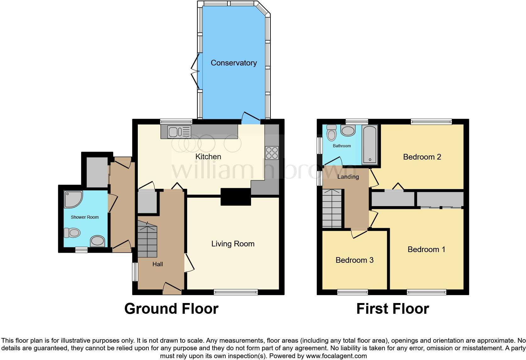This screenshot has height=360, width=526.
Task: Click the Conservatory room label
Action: (233, 63)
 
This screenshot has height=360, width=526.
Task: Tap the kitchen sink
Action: (179, 132)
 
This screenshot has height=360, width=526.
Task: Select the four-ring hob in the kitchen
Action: (272, 153)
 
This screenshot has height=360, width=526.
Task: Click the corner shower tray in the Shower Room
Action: (73, 199)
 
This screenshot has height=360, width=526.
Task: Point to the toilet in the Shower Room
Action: (71, 233)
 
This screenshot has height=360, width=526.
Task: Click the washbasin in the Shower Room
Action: (98, 241)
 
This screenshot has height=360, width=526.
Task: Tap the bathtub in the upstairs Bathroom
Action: (369, 145)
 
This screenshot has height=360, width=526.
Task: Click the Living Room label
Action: (233, 244)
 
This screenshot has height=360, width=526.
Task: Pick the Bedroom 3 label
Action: (354, 260)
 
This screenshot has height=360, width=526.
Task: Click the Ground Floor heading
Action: (171, 309)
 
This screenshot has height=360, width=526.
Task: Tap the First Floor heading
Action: (392, 309)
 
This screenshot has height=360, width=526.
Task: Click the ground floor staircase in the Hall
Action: (147, 239)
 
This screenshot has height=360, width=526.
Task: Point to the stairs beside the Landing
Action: (332, 208)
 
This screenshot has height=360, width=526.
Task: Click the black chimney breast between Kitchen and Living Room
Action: (236, 197)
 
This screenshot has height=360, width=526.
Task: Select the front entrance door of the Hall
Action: (172, 288)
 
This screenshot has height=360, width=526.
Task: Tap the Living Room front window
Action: (236, 292)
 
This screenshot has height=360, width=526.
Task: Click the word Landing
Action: (348, 177)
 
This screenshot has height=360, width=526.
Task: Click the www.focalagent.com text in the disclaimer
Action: (336, 356)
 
